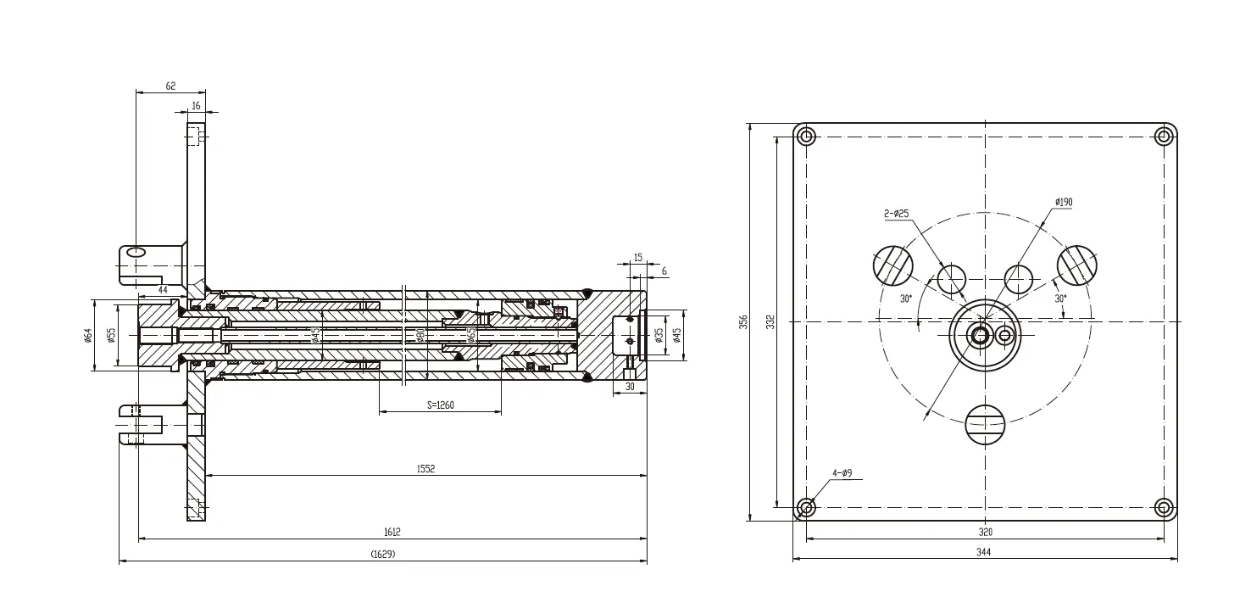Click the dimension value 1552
point(425,469)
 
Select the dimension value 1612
point(392,532)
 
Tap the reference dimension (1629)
point(383,554)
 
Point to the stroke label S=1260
point(440,405)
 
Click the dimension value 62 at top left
point(170,87)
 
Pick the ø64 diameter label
point(87,336)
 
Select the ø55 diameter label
point(111,336)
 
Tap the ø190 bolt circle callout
point(1064,202)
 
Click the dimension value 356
point(743,322)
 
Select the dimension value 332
point(770,322)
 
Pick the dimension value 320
point(985,532)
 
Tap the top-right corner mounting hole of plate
point(1165,136)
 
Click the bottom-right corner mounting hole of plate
point(1164,508)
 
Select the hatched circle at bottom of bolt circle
point(985,423)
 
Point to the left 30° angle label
point(905,299)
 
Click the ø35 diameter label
point(659,336)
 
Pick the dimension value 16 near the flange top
point(197,106)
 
